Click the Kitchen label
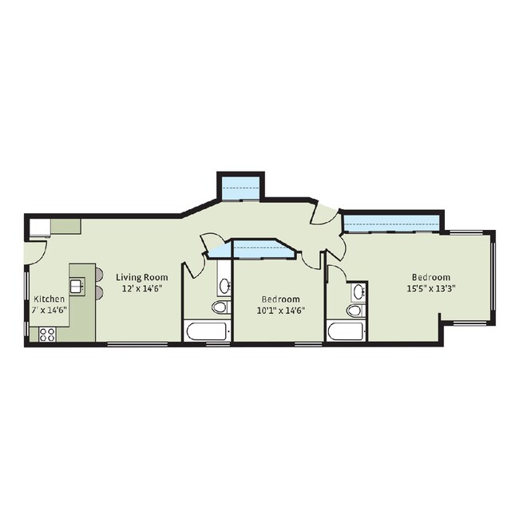(50, 299)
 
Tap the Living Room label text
(141, 277)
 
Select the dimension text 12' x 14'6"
(141, 288)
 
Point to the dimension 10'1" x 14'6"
(281, 311)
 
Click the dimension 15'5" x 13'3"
(431, 288)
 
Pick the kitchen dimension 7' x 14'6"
(50, 310)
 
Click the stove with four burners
(47, 334)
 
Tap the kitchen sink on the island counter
(77, 285)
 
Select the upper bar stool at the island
(99, 275)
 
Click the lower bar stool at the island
(99, 292)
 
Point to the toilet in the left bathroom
(220, 307)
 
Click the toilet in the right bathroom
(355, 311)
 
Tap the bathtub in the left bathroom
(208, 331)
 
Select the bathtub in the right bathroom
(347, 331)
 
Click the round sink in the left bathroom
(225, 285)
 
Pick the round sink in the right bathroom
(359, 292)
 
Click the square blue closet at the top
(240, 188)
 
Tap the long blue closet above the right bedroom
(391, 224)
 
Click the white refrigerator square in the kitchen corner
(40, 227)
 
